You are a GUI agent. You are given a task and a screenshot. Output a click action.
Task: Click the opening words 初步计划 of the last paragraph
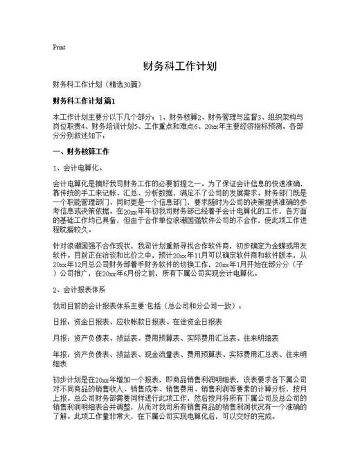coord(68,380)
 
